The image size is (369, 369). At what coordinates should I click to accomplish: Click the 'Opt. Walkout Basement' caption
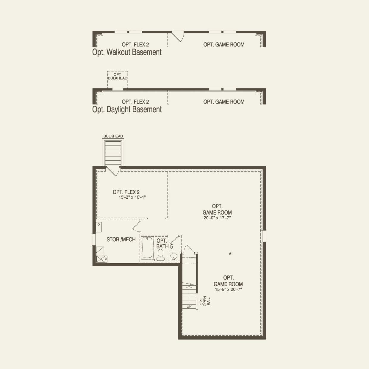pos(127,52)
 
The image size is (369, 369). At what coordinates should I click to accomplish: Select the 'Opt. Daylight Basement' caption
pos(127,110)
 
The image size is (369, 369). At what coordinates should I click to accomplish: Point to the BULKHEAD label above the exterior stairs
pos(113,136)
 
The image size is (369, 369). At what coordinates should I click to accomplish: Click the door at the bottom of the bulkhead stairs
pos(113,171)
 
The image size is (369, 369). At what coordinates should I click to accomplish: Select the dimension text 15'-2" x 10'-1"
pos(132,197)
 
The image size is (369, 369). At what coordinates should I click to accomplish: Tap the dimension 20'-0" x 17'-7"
pos(217,218)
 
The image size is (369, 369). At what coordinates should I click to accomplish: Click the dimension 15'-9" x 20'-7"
pos(228,289)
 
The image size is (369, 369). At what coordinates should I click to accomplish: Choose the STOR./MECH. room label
pos(122,240)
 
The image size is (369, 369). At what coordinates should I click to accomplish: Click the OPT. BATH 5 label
pos(164,243)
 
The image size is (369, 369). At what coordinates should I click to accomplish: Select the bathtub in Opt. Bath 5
pos(147,247)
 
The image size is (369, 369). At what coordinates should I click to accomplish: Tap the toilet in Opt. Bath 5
pos(161,254)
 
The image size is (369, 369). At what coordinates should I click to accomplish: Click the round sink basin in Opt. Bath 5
pos(174,256)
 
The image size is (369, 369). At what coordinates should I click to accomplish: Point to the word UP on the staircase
pos(189,306)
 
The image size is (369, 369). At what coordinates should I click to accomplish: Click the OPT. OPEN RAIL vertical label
pos(205,301)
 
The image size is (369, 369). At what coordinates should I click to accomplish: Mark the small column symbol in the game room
pos(230,253)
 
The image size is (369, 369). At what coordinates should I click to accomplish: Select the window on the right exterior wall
pos(264,236)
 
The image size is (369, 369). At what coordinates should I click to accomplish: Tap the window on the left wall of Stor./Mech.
pos(94,240)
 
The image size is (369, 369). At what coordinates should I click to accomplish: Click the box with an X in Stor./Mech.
pos(100,259)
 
